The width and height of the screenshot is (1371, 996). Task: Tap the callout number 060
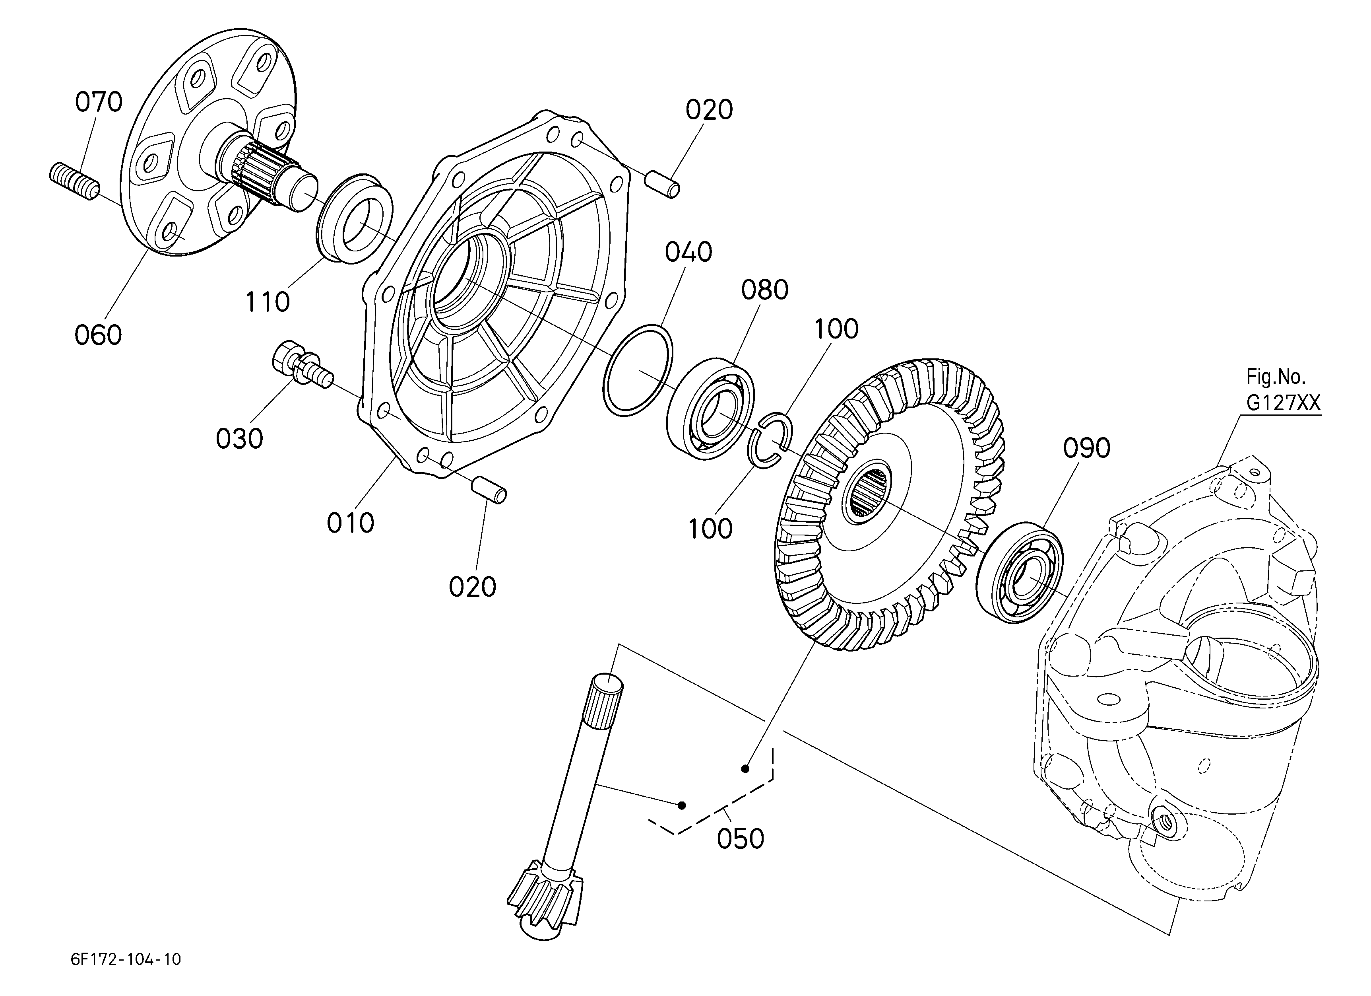pos(98,335)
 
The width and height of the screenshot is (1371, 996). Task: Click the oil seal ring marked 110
pos(355,218)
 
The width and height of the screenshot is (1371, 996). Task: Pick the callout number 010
pos(351,523)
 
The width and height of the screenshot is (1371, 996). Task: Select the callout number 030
pos(239,438)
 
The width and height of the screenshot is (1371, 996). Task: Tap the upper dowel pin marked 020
pos(662,184)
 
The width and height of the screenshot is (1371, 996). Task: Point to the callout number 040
pos(688,252)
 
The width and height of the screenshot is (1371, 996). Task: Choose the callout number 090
pos(1087,448)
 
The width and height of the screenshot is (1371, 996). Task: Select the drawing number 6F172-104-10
pos(126,959)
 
